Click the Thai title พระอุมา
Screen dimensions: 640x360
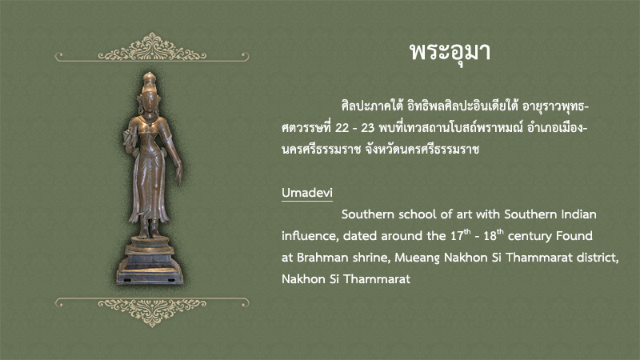click(x=450, y=52)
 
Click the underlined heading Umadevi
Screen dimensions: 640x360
click(x=307, y=193)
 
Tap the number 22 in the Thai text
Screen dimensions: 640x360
click(x=342, y=128)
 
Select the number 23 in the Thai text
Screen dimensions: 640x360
click(x=368, y=128)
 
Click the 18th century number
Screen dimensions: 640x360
click(x=493, y=235)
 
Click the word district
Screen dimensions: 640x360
click(x=598, y=258)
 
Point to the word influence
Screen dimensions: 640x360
click(x=310, y=236)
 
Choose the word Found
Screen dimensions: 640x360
click(x=574, y=235)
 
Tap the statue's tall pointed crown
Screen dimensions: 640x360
click(x=150, y=82)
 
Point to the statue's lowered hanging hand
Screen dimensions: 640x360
click(x=178, y=174)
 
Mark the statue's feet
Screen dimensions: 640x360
click(x=149, y=233)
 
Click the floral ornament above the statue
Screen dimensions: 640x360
click(x=152, y=48)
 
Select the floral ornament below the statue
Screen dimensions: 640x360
click(x=152, y=311)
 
